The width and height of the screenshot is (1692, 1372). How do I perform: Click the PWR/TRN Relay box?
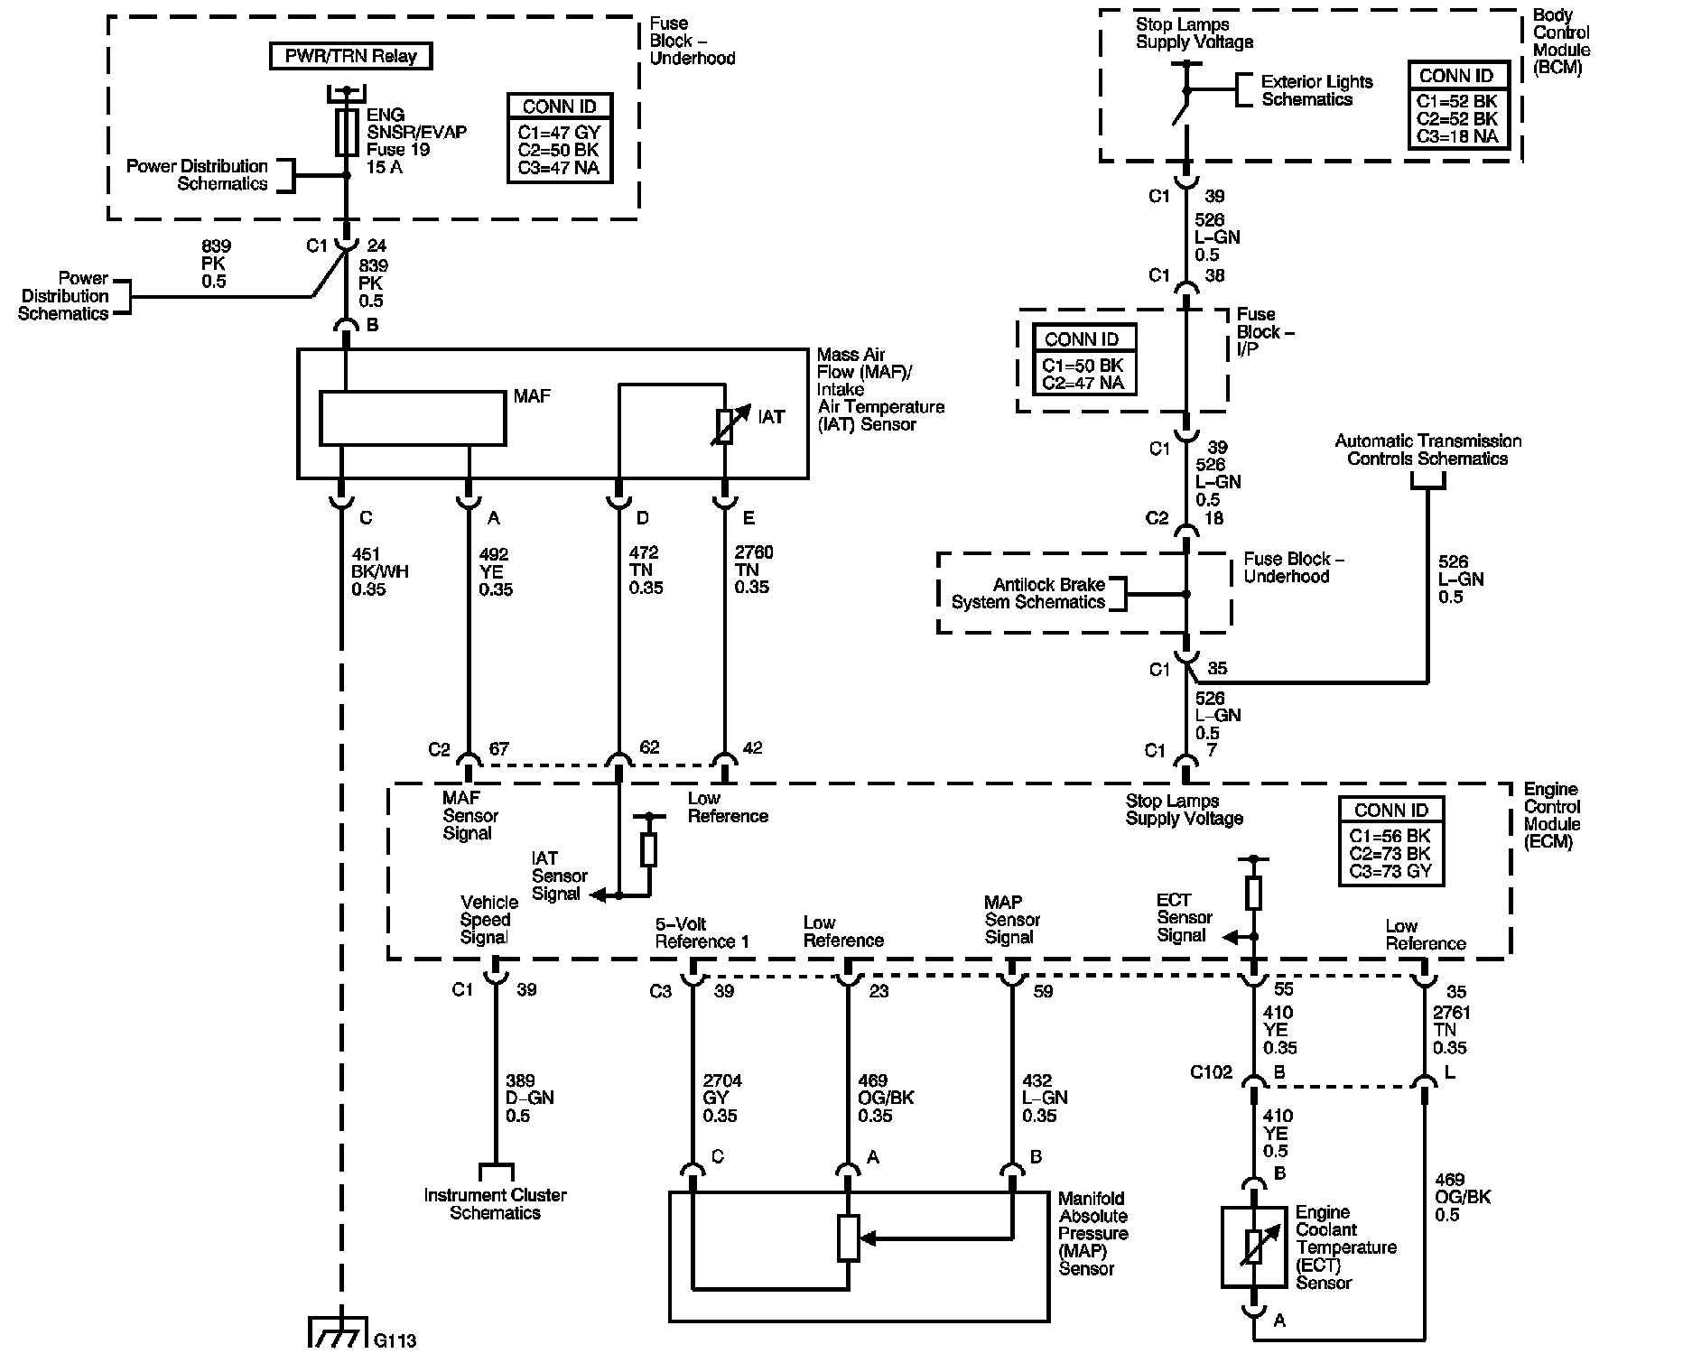(x=350, y=56)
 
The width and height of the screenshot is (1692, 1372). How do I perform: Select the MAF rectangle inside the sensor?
(x=413, y=418)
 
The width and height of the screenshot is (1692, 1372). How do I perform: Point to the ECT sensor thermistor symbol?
(x=1254, y=1247)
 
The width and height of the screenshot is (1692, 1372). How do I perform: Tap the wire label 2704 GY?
(x=720, y=1098)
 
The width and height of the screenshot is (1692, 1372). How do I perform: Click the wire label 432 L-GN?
(x=1045, y=1098)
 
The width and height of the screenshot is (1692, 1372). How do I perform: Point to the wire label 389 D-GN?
(x=530, y=1098)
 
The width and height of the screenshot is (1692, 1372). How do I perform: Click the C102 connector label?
(x=1211, y=1072)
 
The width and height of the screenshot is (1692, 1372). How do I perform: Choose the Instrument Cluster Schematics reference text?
(x=495, y=1203)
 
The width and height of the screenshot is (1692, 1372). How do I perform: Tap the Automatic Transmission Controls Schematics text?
(x=1428, y=450)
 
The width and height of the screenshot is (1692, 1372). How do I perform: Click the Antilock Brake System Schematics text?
(x=1028, y=593)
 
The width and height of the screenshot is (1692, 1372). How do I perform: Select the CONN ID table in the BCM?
(x=1456, y=106)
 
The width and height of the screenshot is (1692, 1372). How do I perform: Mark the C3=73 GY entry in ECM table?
(x=1390, y=872)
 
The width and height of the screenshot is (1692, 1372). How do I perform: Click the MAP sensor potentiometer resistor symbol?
(x=848, y=1238)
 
